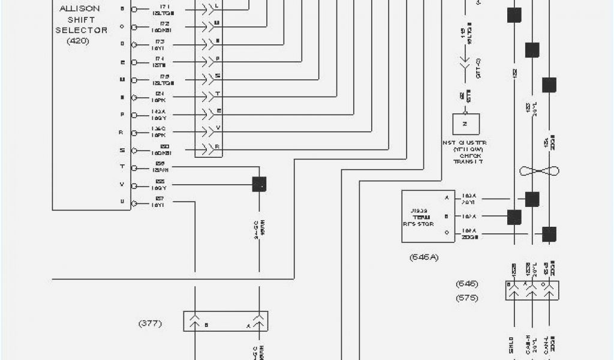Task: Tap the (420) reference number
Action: [x=77, y=42]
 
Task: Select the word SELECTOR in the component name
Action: [x=82, y=30]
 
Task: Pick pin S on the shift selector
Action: [x=122, y=150]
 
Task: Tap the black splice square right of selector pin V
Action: [x=259, y=184]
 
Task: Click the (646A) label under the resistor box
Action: [x=424, y=257]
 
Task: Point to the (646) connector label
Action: [x=466, y=283]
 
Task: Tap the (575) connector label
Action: [x=466, y=298]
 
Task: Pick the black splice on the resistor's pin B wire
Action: [x=514, y=217]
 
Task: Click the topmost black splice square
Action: [x=514, y=15]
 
